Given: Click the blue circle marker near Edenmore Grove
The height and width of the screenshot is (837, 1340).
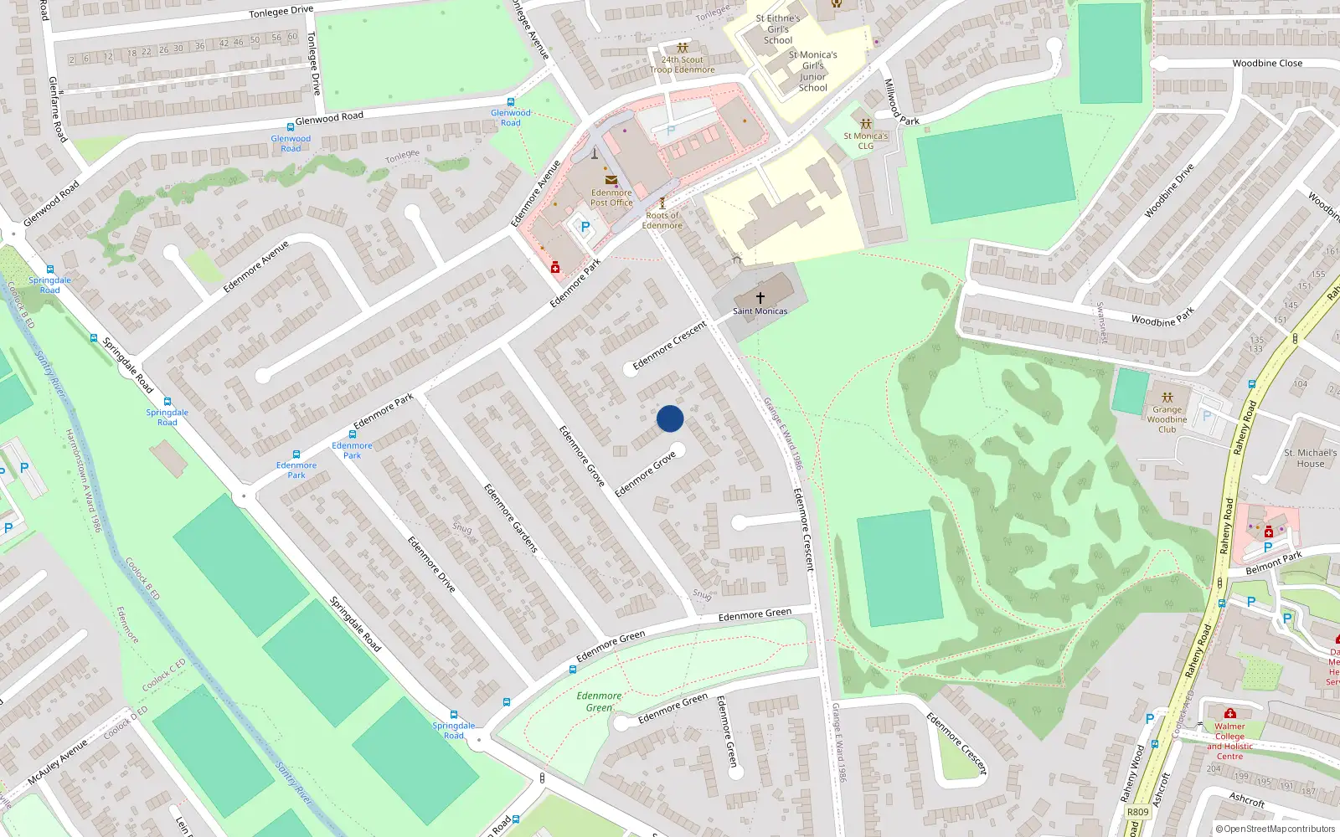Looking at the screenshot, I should pos(670,418).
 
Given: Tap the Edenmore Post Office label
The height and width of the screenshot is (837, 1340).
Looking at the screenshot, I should pos(611,198).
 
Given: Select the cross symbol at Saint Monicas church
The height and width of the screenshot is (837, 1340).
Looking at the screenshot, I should pos(760,297).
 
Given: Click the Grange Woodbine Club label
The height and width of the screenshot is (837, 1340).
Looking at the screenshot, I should pos(1167,419).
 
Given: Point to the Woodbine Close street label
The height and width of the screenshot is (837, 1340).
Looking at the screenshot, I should pos(1267,63).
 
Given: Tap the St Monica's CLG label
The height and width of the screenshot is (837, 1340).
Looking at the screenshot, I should pos(865,141).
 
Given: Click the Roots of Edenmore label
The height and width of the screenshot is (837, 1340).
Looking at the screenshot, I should pos(662,220).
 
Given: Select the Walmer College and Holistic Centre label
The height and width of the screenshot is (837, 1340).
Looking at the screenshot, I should pos(1229,742).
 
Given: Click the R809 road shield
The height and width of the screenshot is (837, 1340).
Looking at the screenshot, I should pos(1138,812).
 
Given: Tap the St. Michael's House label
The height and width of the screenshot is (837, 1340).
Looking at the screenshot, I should pos(1310,458).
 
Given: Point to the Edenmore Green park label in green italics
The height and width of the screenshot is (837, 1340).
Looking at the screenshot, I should pos(599,701).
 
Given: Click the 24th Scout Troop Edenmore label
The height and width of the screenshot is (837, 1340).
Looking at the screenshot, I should pos(682,64).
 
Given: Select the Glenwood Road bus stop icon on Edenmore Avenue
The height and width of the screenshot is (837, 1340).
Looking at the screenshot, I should pos(511,102).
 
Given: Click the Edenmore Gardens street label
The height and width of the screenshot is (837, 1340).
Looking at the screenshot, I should pos(511,517).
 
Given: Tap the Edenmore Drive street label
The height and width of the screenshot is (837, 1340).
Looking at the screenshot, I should pos(431,564).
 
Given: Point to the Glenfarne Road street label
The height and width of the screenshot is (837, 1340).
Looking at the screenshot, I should pos(57,109).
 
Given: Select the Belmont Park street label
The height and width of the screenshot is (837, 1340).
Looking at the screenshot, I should pos(1273,562).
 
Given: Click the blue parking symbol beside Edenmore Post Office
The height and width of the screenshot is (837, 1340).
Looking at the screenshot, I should pos(585,226).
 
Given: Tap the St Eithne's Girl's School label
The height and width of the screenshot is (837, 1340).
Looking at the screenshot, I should pos(778,29).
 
